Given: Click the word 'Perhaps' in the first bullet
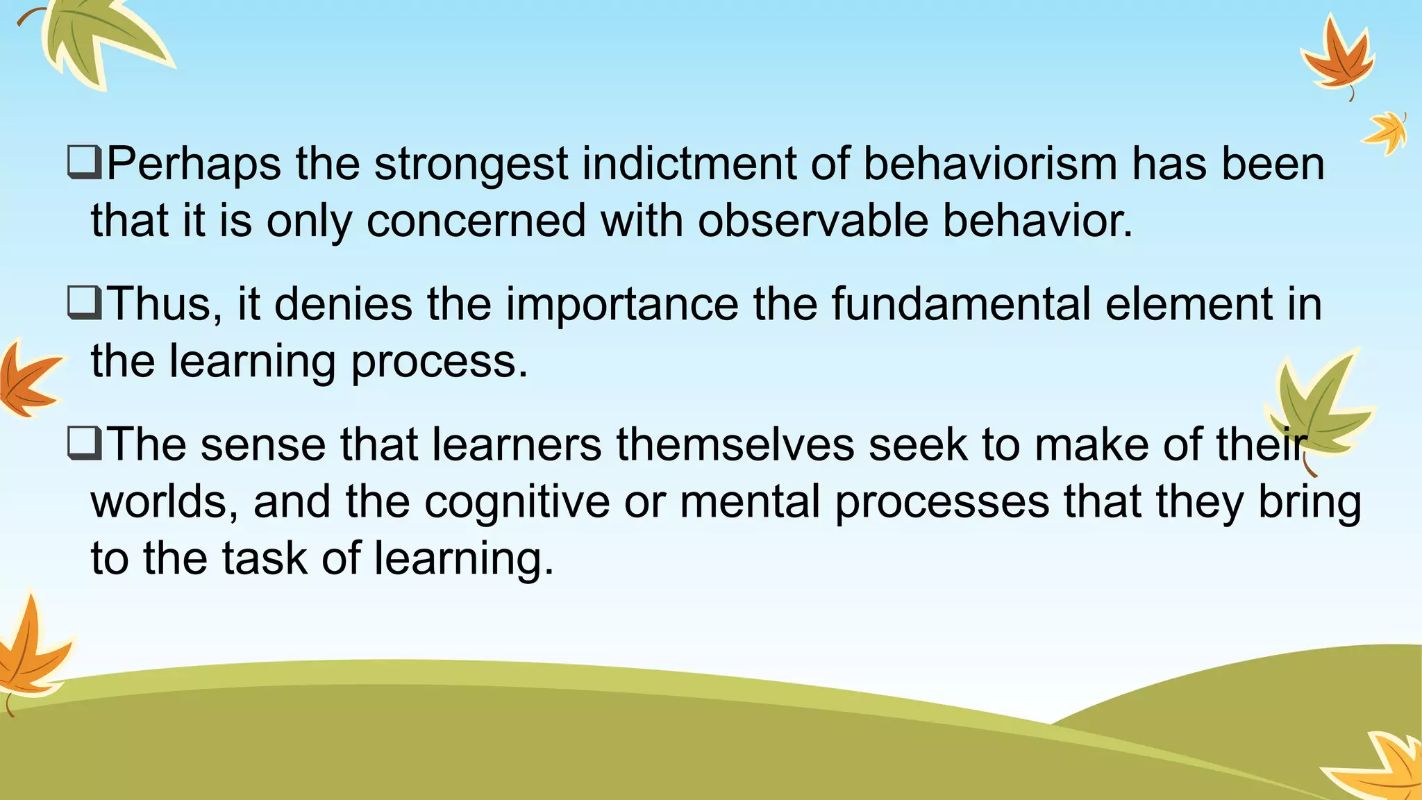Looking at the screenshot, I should click(x=194, y=165).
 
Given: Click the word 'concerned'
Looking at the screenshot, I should click(x=476, y=221).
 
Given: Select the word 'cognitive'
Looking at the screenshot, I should click(x=517, y=502).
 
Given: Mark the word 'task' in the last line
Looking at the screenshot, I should click(x=265, y=558).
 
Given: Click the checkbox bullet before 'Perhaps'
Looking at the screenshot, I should click(x=85, y=164).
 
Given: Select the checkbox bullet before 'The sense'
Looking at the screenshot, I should click(x=85, y=444).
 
